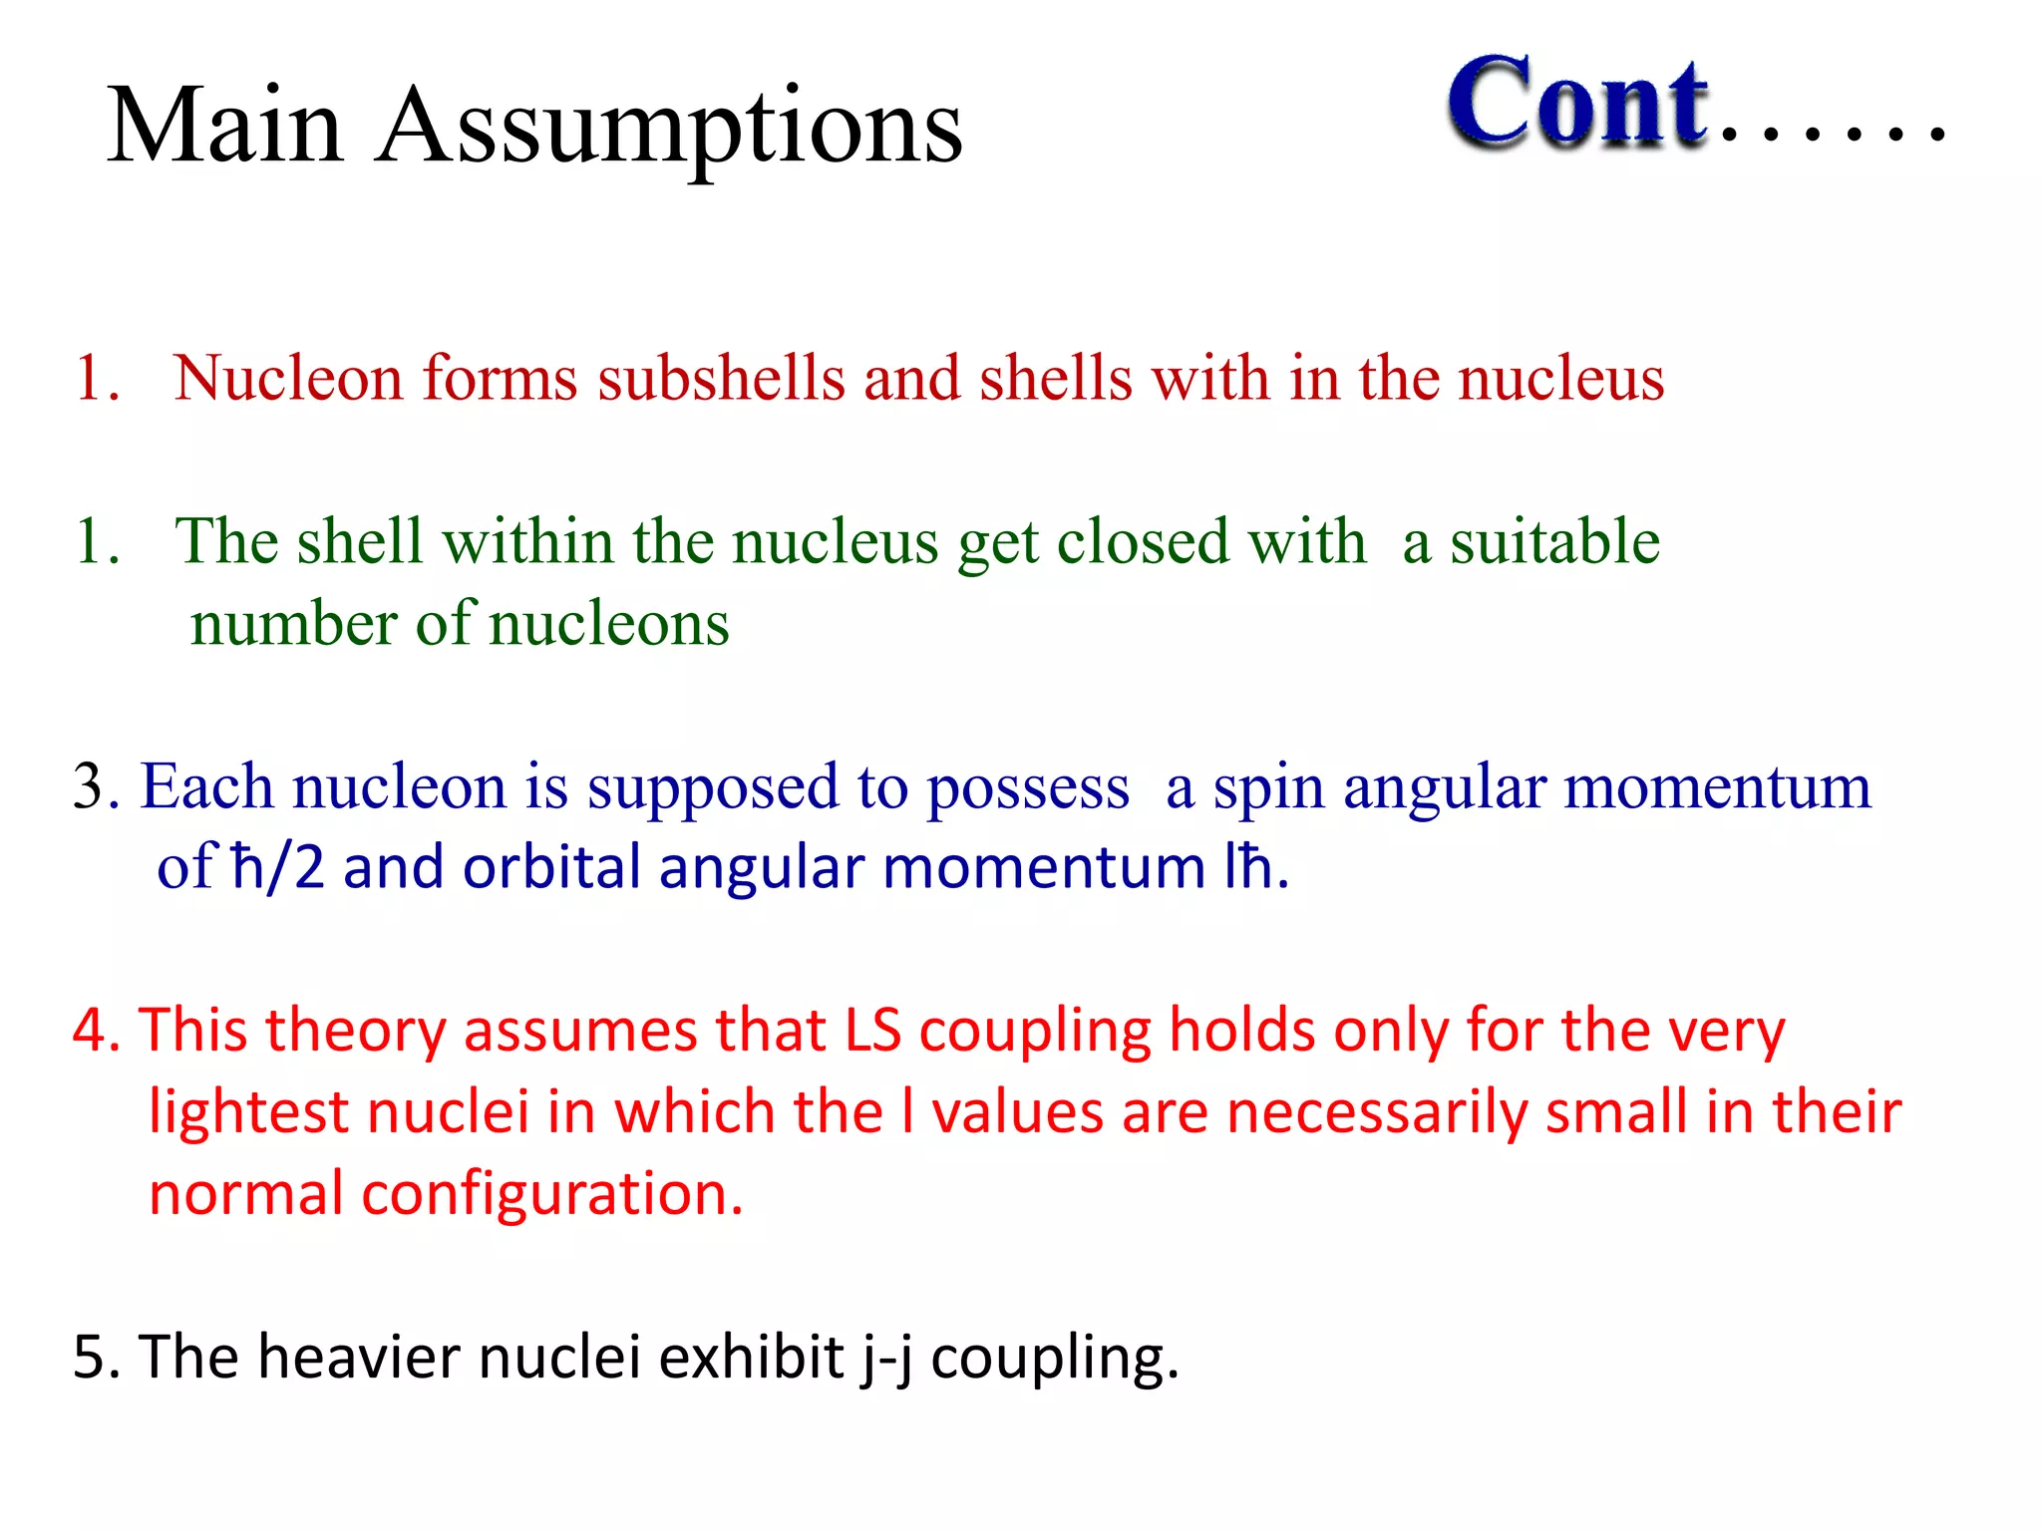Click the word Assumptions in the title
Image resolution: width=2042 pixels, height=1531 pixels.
[670, 127]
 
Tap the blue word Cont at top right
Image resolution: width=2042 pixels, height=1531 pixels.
[1578, 103]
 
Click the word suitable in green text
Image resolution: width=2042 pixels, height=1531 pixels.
[1554, 542]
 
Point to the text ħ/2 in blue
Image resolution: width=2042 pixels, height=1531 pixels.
[277, 867]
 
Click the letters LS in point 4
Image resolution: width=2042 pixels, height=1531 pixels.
[872, 1030]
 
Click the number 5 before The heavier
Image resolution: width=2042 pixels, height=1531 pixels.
[89, 1357]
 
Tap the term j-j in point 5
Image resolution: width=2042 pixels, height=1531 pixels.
[887, 1359]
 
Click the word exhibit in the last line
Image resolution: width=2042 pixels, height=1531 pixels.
[752, 1357]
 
